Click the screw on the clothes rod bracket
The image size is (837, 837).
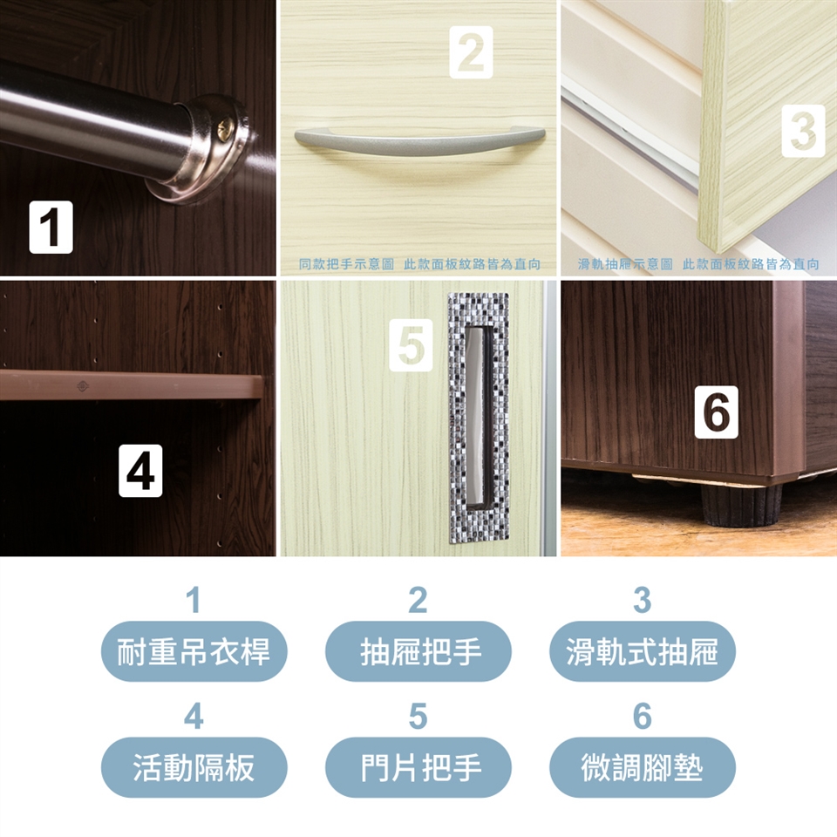[224, 130]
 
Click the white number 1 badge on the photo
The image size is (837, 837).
[51, 227]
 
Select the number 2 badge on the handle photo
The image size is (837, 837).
[471, 52]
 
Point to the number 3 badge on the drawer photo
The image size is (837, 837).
[803, 131]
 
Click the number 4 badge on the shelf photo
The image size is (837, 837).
[140, 470]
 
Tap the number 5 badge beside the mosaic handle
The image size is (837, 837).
[411, 345]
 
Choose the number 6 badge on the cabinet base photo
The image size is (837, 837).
[717, 412]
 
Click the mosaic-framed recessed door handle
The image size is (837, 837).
[479, 418]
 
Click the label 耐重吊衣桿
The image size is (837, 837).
[194, 651]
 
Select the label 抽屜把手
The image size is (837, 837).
[420, 651]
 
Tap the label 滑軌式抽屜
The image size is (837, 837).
[643, 651]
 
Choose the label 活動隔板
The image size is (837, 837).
[194, 767]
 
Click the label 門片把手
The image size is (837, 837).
[420, 767]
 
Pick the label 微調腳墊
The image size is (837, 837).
[643, 767]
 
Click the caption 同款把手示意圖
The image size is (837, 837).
[346, 263]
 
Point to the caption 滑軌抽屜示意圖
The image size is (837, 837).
[625, 263]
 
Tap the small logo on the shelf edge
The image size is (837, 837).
[83, 385]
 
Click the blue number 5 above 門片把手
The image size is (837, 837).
[418, 717]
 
